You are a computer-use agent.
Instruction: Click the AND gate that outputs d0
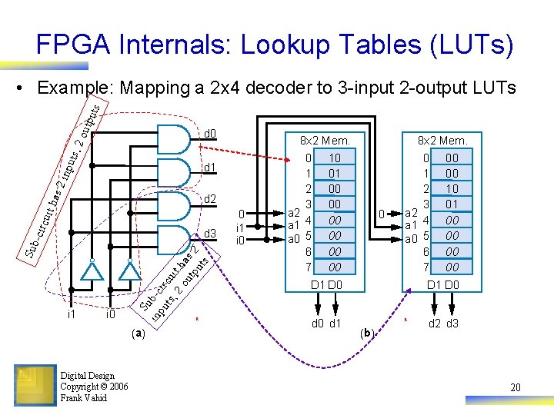pyautogui.click(x=176, y=140)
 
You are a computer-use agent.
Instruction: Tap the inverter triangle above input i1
pyautogui.click(x=92, y=271)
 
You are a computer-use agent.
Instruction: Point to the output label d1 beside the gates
pyautogui.click(x=209, y=168)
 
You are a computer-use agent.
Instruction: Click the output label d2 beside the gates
pyautogui.click(x=209, y=200)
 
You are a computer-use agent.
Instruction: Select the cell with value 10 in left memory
pyautogui.click(x=334, y=158)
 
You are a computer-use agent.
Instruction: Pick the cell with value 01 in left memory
pyautogui.click(x=334, y=174)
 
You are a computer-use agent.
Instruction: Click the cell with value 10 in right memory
pyautogui.click(x=452, y=189)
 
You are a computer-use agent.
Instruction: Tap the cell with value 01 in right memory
pyautogui.click(x=452, y=204)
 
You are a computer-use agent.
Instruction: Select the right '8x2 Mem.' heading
pyautogui.click(x=442, y=141)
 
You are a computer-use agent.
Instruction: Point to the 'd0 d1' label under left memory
pyautogui.click(x=325, y=324)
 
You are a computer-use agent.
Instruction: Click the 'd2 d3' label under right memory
pyautogui.click(x=443, y=324)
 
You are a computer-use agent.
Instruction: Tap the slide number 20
pyautogui.click(x=515, y=388)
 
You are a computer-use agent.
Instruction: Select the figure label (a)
pyautogui.click(x=138, y=334)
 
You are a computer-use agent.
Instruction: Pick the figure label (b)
pyautogui.click(x=368, y=334)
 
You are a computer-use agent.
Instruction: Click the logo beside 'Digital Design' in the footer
pyautogui.click(x=35, y=386)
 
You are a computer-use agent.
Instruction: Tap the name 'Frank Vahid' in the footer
pyautogui.click(x=84, y=397)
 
